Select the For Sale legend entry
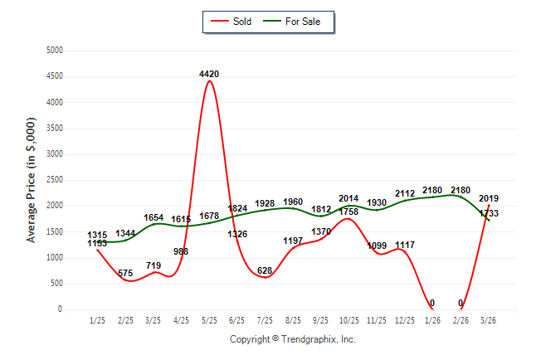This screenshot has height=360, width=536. (x=300, y=21)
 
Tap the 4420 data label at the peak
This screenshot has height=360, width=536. (x=209, y=74)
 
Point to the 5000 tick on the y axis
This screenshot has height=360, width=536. (x=53, y=51)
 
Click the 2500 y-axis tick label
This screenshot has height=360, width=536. (x=53, y=180)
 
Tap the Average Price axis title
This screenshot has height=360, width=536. (x=32, y=180)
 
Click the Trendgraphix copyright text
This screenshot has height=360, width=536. (x=292, y=339)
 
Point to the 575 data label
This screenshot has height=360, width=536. (x=125, y=273)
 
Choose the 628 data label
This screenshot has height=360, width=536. (x=266, y=270)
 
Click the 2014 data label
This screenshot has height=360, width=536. (x=349, y=198)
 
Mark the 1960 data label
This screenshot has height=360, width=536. (x=293, y=202)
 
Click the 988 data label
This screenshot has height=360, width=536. (x=182, y=251)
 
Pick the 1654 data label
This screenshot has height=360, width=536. (x=153, y=217)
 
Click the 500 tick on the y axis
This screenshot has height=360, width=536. (x=56, y=284)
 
